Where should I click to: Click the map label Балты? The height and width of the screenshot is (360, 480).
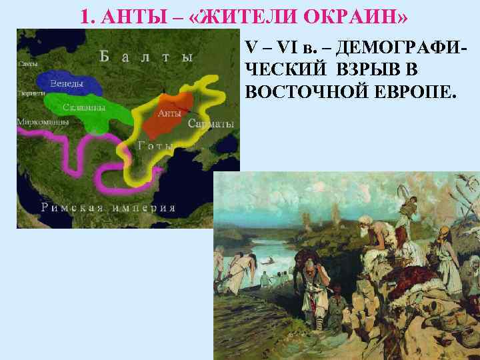(147, 57)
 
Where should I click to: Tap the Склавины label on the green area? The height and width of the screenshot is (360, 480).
(83, 107)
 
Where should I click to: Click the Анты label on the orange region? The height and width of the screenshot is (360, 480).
(169, 113)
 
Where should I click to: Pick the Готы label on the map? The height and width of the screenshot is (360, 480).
(153, 145)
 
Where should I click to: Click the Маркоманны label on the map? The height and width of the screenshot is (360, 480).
(37, 122)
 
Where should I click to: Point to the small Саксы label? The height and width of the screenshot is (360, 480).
(28, 65)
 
